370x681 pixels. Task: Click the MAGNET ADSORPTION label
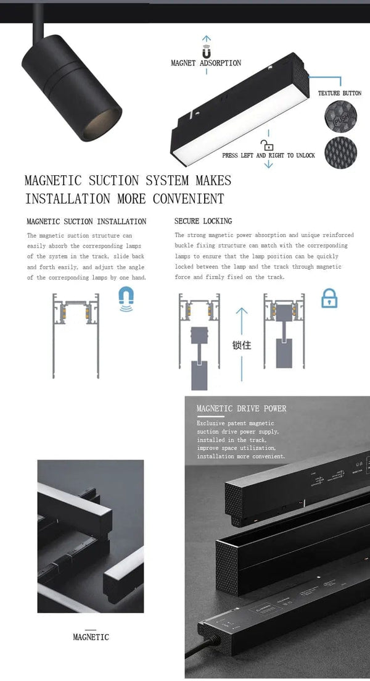pyautogui.click(x=206, y=63)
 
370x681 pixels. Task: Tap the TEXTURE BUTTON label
pyautogui.click(x=339, y=93)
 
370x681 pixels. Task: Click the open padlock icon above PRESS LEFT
pyautogui.click(x=267, y=146)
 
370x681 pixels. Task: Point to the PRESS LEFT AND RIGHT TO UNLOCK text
pyautogui.click(x=268, y=156)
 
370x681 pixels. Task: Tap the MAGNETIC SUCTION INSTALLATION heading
pyautogui.click(x=86, y=221)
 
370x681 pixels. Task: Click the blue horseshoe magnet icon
pyautogui.click(x=126, y=300)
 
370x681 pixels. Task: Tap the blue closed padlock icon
pyautogui.click(x=329, y=299)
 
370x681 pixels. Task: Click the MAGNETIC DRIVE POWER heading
pyautogui.click(x=241, y=408)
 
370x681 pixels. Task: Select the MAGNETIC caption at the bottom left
pyautogui.click(x=91, y=637)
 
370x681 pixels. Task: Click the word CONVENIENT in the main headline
pyautogui.click(x=188, y=199)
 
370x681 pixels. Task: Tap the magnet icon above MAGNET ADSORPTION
pyautogui.click(x=206, y=52)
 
